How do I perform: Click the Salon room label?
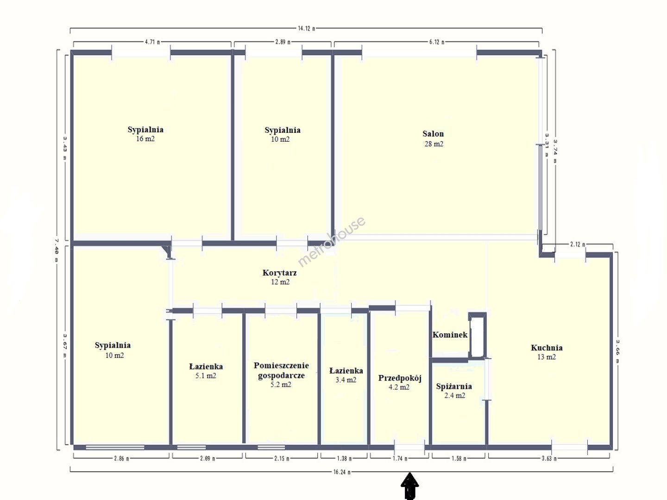[x=433, y=134]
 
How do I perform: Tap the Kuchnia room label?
[x=547, y=348]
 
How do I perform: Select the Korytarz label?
[x=280, y=273]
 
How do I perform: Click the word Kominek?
[x=450, y=335]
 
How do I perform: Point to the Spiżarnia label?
[x=454, y=387]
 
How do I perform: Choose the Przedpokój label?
[x=400, y=378]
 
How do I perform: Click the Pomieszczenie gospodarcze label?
[x=281, y=370]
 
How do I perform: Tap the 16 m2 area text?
[x=145, y=139]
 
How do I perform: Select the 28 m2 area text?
[x=434, y=144]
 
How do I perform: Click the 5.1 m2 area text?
[x=206, y=376]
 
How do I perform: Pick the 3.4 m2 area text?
[x=346, y=380]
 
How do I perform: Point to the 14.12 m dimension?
[x=306, y=29]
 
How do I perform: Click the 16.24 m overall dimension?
[x=342, y=472]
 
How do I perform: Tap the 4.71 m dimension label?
[x=152, y=42]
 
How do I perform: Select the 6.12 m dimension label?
[x=437, y=42]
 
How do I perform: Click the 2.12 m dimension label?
[x=577, y=244]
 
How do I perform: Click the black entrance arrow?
[x=409, y=486]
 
